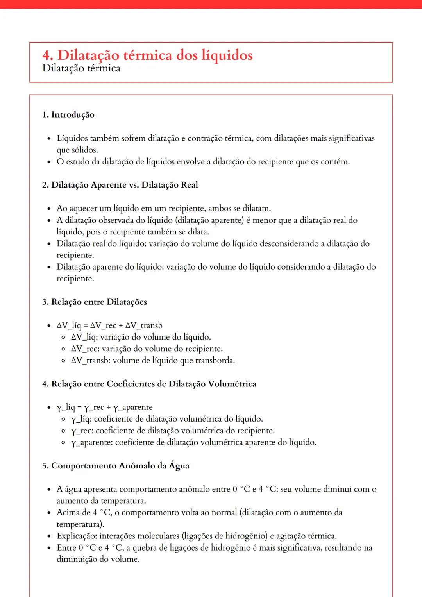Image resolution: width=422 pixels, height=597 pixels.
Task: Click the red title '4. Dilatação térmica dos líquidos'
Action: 147,55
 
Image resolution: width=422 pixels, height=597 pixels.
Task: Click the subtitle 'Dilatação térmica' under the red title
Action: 81,68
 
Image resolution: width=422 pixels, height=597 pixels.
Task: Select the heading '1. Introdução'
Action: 68,114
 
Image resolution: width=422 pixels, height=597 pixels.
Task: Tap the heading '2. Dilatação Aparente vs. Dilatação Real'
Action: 120,185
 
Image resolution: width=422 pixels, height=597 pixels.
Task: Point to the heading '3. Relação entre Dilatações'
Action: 95,302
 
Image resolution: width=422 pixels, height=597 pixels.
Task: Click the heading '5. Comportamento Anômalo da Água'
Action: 116,466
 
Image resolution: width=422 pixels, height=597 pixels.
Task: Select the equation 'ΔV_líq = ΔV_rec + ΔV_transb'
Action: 109,325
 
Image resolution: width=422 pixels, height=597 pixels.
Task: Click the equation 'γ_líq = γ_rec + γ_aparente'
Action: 104,408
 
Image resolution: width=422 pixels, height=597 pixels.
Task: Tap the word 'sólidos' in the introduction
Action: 85,150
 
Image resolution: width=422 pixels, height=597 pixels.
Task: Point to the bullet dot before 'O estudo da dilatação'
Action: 49,162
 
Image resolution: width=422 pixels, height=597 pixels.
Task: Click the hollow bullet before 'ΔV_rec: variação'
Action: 63,349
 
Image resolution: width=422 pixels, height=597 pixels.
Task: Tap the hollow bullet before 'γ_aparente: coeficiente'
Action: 63,443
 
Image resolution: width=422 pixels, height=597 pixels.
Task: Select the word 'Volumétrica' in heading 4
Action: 232,384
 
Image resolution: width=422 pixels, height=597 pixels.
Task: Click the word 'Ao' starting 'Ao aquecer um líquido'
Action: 62,208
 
